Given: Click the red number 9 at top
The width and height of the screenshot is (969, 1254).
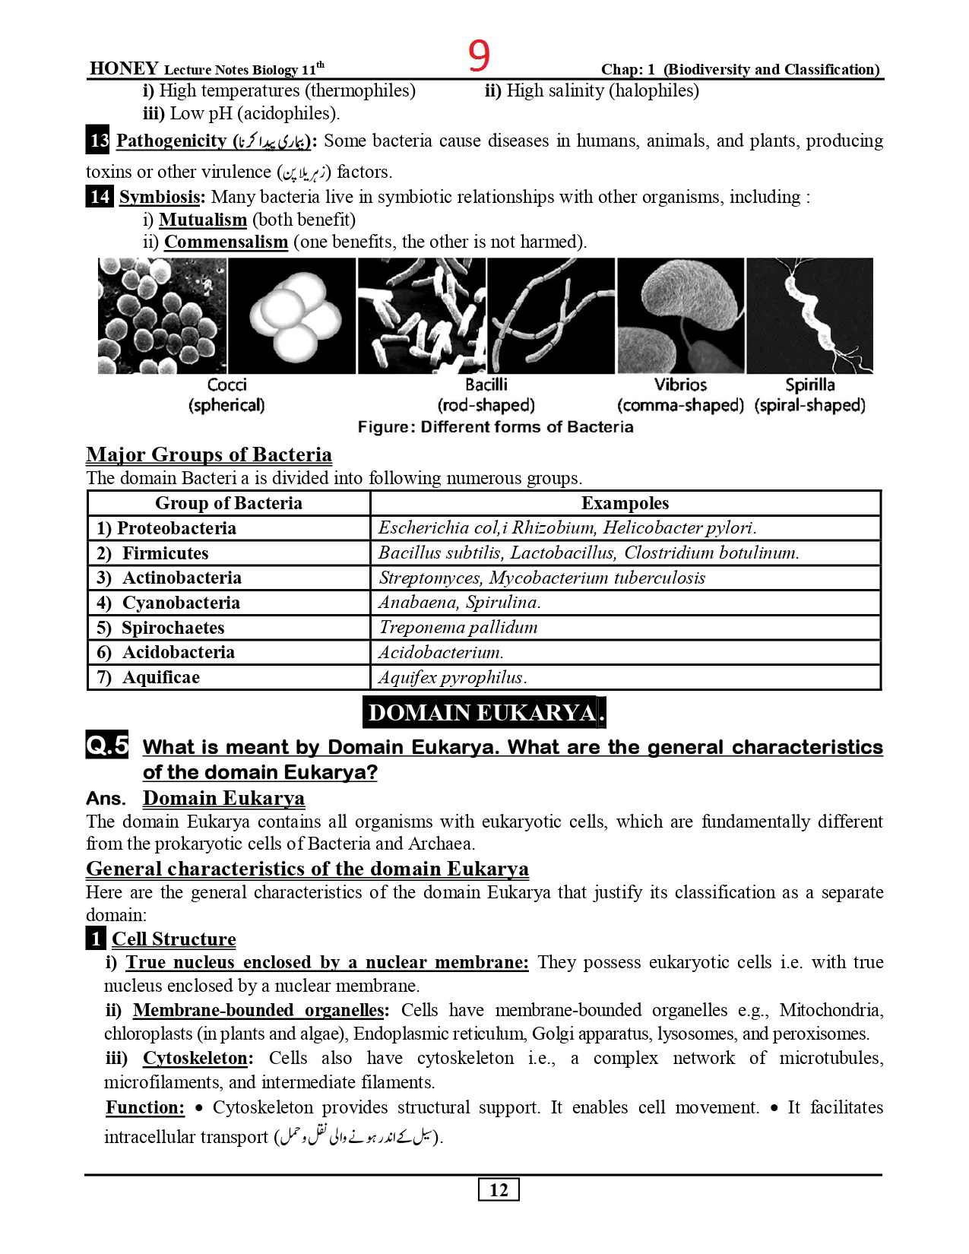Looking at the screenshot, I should [x=479, y=55].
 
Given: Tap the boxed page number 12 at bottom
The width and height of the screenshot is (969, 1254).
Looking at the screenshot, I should [x=499, y=1189].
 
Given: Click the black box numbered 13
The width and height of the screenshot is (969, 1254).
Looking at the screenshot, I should [x=99, y=141].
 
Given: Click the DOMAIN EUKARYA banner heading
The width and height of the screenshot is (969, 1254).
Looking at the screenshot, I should [x=483, y=712].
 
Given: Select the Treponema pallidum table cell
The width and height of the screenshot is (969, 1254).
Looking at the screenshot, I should [x=458, y=627].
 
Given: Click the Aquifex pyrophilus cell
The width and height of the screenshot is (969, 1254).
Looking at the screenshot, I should [x=452, y=677].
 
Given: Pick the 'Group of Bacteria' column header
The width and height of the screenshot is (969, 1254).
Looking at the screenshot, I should [x=229, y=503].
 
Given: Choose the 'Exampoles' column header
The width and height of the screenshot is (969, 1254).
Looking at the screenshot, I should [x=625, y=503].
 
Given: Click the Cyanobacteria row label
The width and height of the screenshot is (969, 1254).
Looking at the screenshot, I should [x=181, y=603].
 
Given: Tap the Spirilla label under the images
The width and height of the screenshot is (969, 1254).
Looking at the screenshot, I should [x=810, y=385].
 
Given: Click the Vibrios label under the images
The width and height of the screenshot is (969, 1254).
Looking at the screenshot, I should [x=680, y=385].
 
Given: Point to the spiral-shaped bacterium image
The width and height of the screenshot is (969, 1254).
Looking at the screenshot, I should [x=810, y=315].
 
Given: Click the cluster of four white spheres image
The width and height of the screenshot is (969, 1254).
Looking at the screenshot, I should [x=292, y=315].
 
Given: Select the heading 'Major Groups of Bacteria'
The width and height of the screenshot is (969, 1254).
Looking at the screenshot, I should [x=209, y=454].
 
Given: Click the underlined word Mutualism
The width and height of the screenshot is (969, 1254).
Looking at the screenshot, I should [x=203, y=220].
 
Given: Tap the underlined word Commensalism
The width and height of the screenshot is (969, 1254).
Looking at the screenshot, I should [x=226, y=242].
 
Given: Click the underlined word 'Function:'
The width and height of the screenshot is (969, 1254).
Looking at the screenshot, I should [x=145, y=1107].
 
